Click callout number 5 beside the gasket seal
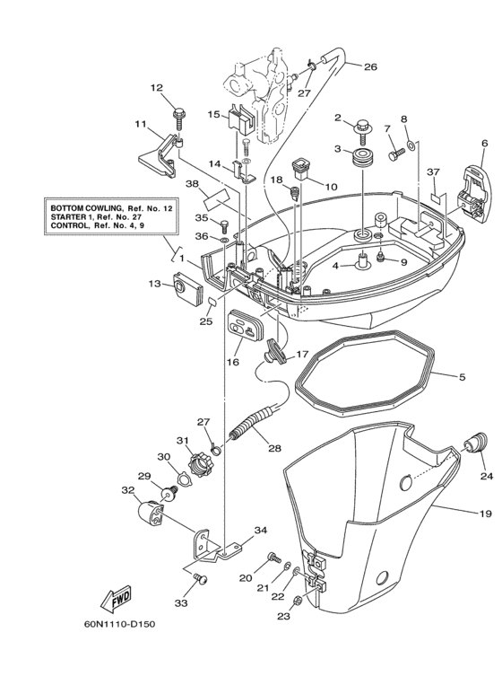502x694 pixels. tap(462, 378)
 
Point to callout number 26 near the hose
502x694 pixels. tap(369, 66)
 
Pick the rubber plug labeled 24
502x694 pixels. tap(476, 442)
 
